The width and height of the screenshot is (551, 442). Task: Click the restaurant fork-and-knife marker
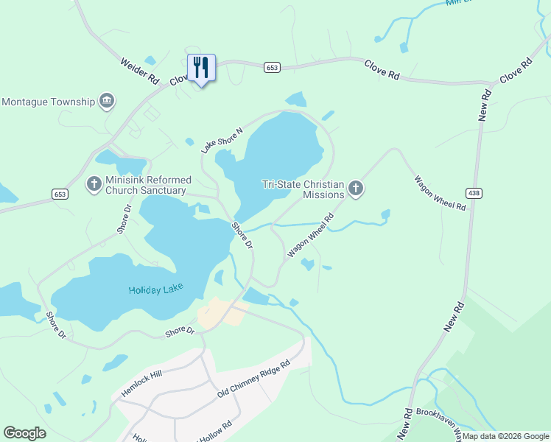(x=201, y=69)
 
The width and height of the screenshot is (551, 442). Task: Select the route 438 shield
(x=474, y=193)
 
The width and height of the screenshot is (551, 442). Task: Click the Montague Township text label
(x=49, y=101)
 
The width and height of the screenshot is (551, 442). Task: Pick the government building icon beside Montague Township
(x=107, y=101)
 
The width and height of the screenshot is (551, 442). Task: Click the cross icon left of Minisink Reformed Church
(x=94, y=183)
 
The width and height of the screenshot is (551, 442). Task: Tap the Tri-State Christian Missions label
(x=303, y=189)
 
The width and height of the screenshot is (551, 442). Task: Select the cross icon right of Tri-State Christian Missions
(x=356, y=189)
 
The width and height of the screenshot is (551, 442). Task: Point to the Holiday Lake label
(x=155, y=288)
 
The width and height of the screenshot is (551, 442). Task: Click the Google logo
(x=25, y=433)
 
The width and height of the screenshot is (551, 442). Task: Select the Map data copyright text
(x=506, y=436)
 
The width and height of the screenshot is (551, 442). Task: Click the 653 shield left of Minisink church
(x=60, y=194)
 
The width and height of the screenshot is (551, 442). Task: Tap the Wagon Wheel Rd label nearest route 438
(x=440, y=193)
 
